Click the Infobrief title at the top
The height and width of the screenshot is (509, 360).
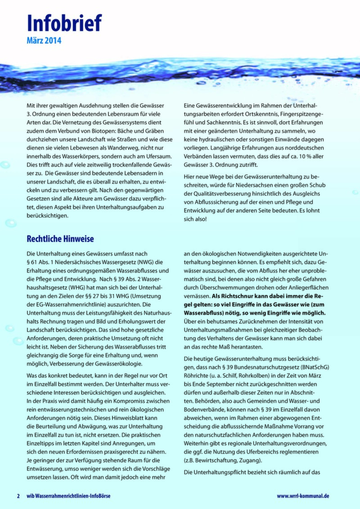(x=64, y=22)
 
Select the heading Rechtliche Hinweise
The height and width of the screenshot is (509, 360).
(x=60, y=238)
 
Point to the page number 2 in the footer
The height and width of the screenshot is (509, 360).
(x=18, y=496)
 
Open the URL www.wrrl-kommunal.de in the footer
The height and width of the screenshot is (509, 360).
(x=303, y=496)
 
